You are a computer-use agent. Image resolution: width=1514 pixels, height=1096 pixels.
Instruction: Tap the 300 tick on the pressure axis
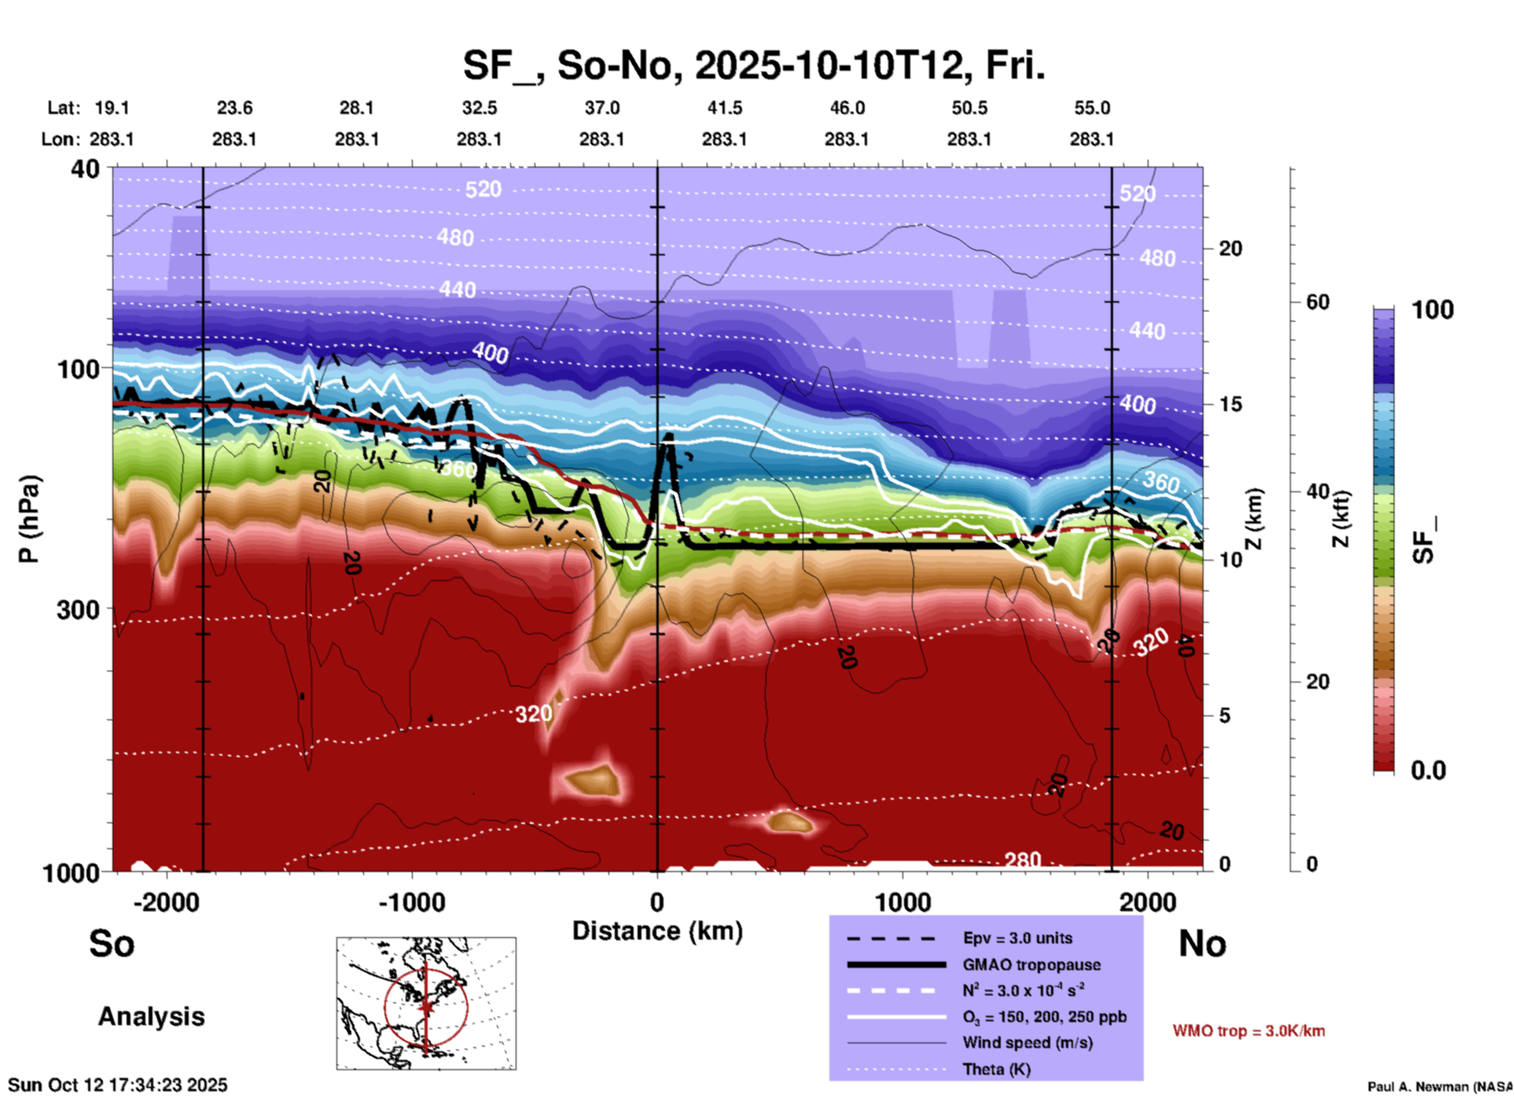pos(78,609)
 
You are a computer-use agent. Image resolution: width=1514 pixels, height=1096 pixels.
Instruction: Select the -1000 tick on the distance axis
pos(411,903)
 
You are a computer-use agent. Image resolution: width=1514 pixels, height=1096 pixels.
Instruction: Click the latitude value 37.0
pos(601,108)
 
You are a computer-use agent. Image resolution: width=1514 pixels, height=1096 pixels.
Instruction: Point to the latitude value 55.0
pos(1092,108)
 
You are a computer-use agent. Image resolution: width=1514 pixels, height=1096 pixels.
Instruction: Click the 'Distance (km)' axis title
pos(657,931)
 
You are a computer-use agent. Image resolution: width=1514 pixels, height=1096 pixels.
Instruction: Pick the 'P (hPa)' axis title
pos(28,519)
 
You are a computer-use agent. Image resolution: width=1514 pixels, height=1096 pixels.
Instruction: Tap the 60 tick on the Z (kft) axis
pos(1317,302)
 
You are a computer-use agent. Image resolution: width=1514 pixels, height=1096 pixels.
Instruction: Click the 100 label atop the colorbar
pos(1432,310)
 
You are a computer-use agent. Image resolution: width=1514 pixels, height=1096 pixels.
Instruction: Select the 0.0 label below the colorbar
pos(1428,771)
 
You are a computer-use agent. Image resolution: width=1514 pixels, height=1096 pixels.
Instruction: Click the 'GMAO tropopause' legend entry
pos(1031,965)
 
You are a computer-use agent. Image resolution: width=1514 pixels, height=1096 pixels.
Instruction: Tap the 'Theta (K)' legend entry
pos(996,1069)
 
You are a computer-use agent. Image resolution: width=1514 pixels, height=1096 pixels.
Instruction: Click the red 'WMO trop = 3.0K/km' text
pos(1248,1031)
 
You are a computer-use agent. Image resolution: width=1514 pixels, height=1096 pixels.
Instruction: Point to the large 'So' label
pos(112,943)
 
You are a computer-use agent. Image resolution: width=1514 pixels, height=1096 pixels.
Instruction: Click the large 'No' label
pos(1202,943)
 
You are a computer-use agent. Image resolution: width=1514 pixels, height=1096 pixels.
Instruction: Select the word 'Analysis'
pos(151,1017)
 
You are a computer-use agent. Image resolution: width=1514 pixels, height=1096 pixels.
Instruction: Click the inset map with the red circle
pos(426,1003)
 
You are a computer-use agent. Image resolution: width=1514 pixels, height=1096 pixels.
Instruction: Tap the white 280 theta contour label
pos(1023,860)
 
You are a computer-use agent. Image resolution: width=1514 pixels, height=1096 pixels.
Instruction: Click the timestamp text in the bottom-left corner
pos(118,1085)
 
